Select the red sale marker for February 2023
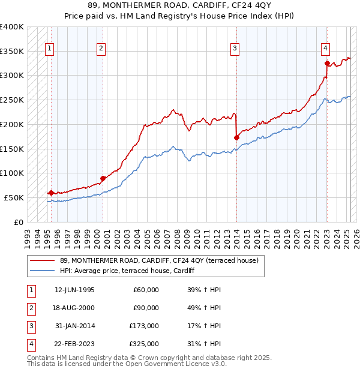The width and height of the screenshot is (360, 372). [x=327, y=63]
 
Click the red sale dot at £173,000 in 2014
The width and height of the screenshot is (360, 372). [x=236, y=137]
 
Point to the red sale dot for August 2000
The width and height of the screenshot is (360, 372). [x=103, y=178]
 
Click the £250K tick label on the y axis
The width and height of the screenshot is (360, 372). [x=11, y=100]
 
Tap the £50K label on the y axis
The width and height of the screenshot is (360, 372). [x=14, y=197]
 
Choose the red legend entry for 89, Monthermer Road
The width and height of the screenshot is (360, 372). [x=159, y=260]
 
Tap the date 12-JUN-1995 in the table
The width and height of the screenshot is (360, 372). [x=74, y=290]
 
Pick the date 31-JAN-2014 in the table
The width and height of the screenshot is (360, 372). [x=74, y=326]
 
